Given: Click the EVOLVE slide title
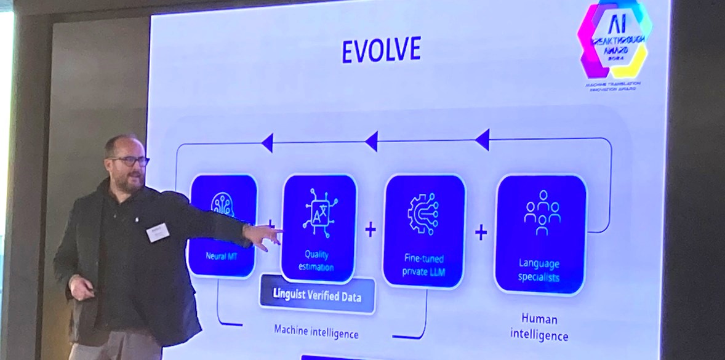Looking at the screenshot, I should tap(381, 50).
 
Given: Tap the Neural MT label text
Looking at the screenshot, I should tap(222, 254).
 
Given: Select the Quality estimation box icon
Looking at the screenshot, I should tap(319, 212).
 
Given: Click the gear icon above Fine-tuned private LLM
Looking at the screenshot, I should tap(423, 214).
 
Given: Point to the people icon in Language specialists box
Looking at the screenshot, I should tap(542, 212).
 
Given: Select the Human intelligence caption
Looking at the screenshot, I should tap(539, 327).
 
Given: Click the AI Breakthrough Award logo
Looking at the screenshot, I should tap(612, 40).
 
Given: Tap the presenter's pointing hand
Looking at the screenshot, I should tap(263, 236).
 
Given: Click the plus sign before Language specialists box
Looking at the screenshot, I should tap(481, 232).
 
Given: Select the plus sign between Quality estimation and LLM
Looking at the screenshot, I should tap(370, 230).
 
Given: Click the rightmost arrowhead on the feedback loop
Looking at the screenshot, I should tap(482, 140).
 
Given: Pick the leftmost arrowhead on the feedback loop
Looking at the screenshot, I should tap(267, 143).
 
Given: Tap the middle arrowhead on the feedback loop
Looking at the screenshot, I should tap(371, 142).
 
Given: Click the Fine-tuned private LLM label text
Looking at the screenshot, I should tap(423, 264).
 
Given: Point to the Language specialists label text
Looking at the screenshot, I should tap(539, 270).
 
